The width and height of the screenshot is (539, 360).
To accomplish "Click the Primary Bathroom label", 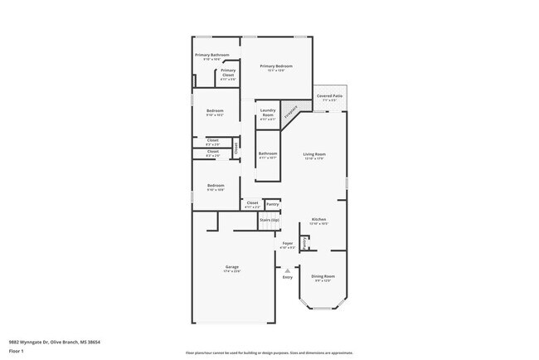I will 211,56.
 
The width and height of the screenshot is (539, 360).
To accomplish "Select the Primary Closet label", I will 228,72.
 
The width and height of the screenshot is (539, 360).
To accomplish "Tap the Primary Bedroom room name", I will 277,66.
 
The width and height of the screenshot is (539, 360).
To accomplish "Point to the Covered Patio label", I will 330,96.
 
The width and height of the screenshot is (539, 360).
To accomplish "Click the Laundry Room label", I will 268,112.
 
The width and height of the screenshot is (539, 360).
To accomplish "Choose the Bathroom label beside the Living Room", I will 268,153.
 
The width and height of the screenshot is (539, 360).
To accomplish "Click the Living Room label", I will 313,155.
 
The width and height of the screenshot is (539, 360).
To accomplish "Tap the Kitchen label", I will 318,220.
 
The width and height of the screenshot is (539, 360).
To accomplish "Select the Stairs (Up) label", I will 269,220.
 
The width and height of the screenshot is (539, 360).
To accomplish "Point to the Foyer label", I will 288,244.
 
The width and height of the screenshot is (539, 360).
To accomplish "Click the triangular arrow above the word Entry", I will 287,270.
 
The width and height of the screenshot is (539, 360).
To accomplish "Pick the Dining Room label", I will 323,276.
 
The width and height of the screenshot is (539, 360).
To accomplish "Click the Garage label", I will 231,267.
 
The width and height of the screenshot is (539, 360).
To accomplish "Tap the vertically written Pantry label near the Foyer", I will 306,243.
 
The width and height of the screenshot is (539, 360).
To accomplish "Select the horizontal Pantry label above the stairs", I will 272,203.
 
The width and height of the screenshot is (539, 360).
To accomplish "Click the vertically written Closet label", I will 236,149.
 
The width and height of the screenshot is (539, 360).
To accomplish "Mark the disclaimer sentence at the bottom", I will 269,352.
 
